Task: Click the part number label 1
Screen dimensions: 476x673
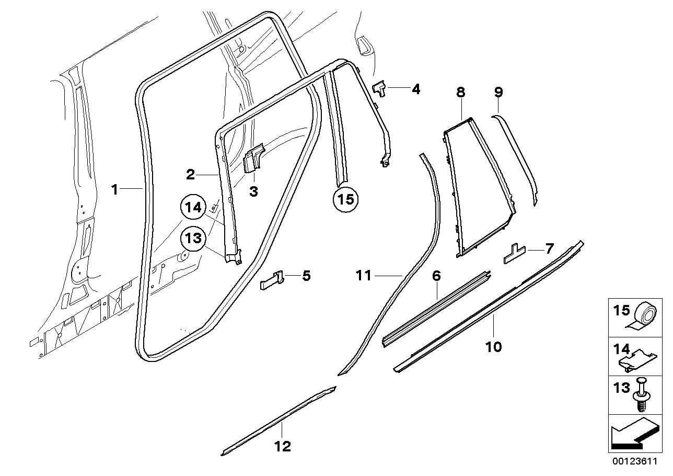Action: [x=115, y=189]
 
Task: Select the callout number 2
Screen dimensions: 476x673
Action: [x=191, y=174]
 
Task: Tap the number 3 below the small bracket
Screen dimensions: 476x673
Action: [x=253, y=192]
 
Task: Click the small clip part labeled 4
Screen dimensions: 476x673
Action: [x=379, y=88]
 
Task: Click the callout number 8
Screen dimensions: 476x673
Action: [x=460, y=93]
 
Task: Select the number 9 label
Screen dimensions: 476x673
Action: [x=498, y=93]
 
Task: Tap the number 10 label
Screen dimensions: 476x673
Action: [x=493, y=347]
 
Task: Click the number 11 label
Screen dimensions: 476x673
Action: [x=364, y=275]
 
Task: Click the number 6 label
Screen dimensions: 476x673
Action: [x=436, y=276]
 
